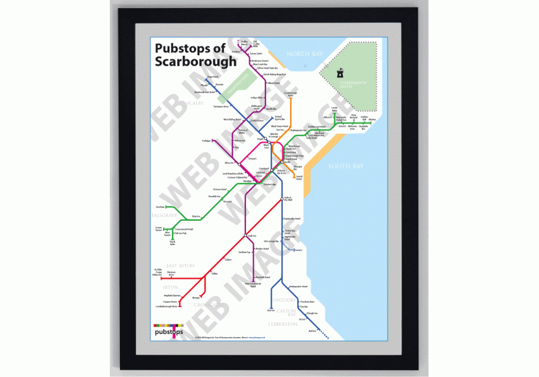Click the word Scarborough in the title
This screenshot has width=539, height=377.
[195, 61]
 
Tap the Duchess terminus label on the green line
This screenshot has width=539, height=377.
[160, 207]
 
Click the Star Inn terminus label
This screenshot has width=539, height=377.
[271, 310]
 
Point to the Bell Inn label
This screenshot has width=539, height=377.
[312, 331]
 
